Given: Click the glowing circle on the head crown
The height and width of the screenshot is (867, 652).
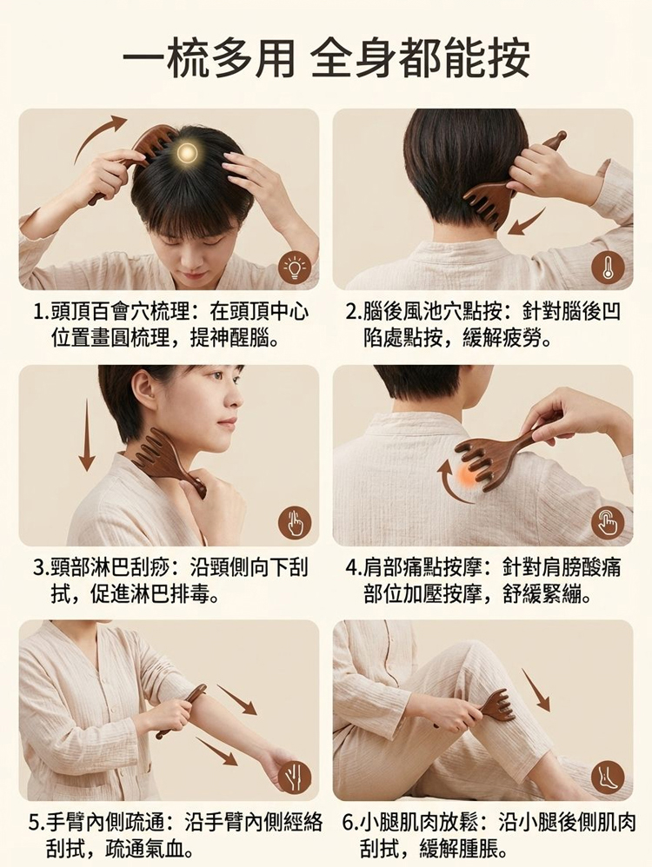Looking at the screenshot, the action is pos(187,151).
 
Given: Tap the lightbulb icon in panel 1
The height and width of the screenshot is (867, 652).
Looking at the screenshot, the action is pos(295,268).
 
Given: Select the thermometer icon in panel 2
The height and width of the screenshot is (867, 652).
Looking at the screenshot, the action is pos(608,268).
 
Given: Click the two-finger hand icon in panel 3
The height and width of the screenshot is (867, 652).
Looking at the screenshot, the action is pos(295,522).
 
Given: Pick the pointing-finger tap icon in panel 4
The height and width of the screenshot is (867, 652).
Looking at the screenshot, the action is pos(608,522).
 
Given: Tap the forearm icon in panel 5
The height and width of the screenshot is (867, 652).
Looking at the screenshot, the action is pos(295,778).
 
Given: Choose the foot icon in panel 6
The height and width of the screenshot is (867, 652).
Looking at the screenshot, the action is pos(608,778).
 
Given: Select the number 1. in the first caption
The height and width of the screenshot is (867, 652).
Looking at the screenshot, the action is pos(41,313).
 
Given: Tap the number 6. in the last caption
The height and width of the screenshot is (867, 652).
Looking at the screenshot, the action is pos(350,822).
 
